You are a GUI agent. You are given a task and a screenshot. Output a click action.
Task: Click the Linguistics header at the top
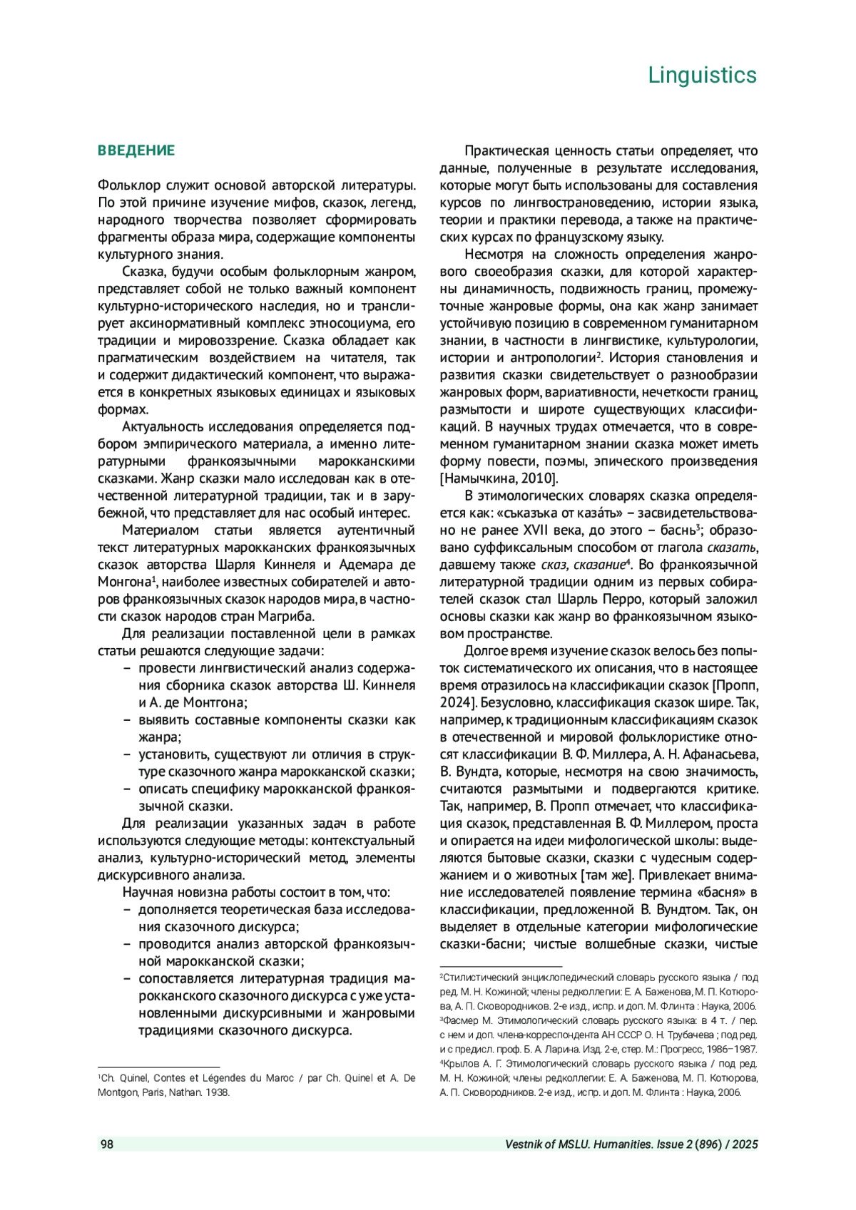(702, 75)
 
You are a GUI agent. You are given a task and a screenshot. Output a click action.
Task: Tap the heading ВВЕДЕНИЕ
(136, 150)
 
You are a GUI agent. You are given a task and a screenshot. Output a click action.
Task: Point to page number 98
(107, 1144)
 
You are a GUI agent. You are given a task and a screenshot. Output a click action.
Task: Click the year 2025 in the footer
(745, 1144)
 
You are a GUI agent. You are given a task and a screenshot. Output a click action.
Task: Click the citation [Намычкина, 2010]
(499, 478)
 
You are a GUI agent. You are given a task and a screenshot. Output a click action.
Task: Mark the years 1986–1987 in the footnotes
(733, 1049)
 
